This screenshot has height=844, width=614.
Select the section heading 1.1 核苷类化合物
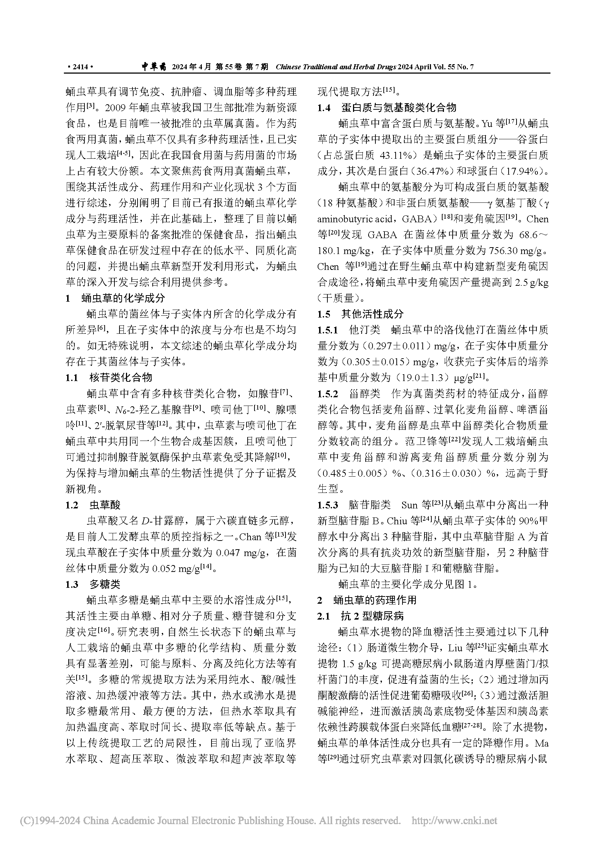[109, 377]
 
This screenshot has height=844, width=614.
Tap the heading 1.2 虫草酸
[93, 505]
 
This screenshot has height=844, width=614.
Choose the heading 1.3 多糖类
[93, 584]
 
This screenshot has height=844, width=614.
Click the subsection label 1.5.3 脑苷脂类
[354, 505]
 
